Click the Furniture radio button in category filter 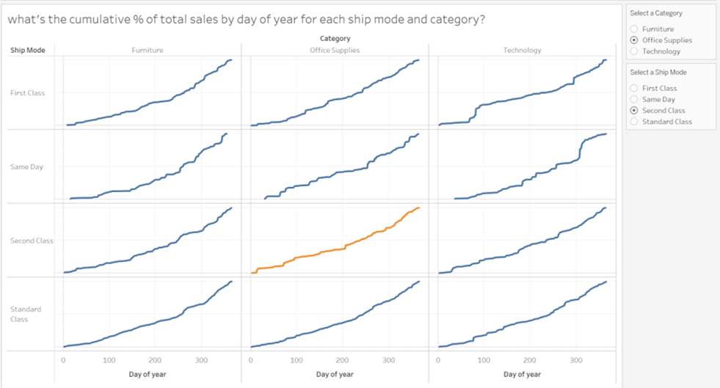pyautogui.click(x=635, y=29)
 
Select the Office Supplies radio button pyautogui.click(x=635, y=40)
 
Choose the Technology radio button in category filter pyautogui.click(x=635, y=51)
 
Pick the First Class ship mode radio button pyautogui.click(x=635, y=88)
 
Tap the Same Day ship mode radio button pyautogui.click(x=635, y=99)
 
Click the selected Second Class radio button pyautogui.click(x=635, y=111)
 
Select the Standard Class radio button pyautogui.click(x=635, y=122)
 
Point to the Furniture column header pyautogui.click(x=148, y=51)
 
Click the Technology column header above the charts pyautogui.click(x=522, y=51)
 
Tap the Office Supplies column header pyautogui.click(x=335, y=51)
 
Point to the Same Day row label pyautogui.click(x=26, y=167)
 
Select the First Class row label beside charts pyautogui.click(x=27, y=93)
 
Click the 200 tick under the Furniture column pyautogui.click(x=155, y=361)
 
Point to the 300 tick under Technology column pyautogui.click(x=576, y=361)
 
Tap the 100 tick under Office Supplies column pyautogui.click(x=297, y=361)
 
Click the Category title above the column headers pyautogui.click(x=335, y=38)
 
